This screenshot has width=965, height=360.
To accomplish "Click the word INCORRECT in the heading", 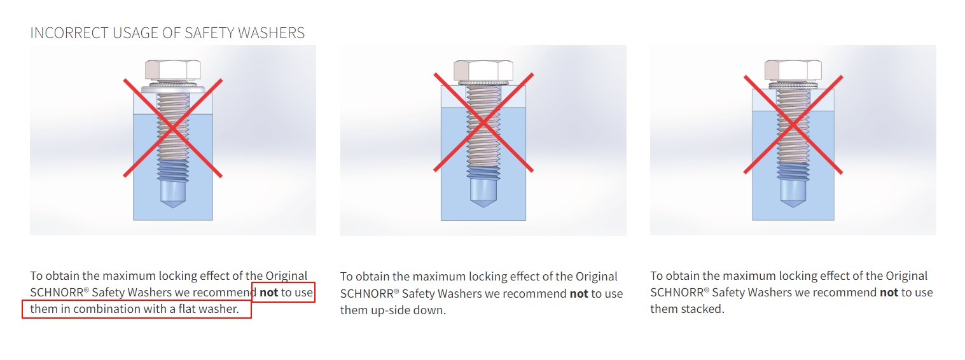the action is pyautogui.click(x=70, y=33).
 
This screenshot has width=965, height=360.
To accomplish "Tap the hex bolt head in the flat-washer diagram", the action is pyautogui.click(x=173, y=70).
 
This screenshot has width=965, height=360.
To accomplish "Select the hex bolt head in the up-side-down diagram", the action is pyautogui.click(x=483, y=71).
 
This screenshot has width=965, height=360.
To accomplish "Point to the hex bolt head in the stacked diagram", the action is pyautogui.click(x=793, y=70).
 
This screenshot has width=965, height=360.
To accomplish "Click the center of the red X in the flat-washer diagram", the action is pyautogui.click(x=173, y=128).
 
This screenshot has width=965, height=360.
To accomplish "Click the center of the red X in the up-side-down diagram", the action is pyautogui.click(x=483, y=123).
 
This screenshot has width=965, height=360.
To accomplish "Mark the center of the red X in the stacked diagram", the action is pyautogui.click(x=793, y=125).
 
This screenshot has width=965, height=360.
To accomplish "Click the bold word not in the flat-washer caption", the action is pyautogui.click(x=269, y=293).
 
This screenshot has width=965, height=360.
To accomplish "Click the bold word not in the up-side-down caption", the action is pyautogui.click(x=579, y=294).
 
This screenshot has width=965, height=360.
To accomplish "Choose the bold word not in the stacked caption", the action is pyautogui.click(x=889, y=293).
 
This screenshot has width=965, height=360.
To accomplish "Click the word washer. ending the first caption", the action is pyautogui.click(x=218, y=309).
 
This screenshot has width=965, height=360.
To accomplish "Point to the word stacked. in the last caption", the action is pyautogui.click(x=704, y=309).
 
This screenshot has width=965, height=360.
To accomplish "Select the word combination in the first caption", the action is pyautogui.click(x=109, y=309).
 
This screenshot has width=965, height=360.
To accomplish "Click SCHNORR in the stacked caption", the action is pyautogui.click(x=677, y=293).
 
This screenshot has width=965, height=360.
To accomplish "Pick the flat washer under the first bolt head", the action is pyautogui.click(x=173, y=90).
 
